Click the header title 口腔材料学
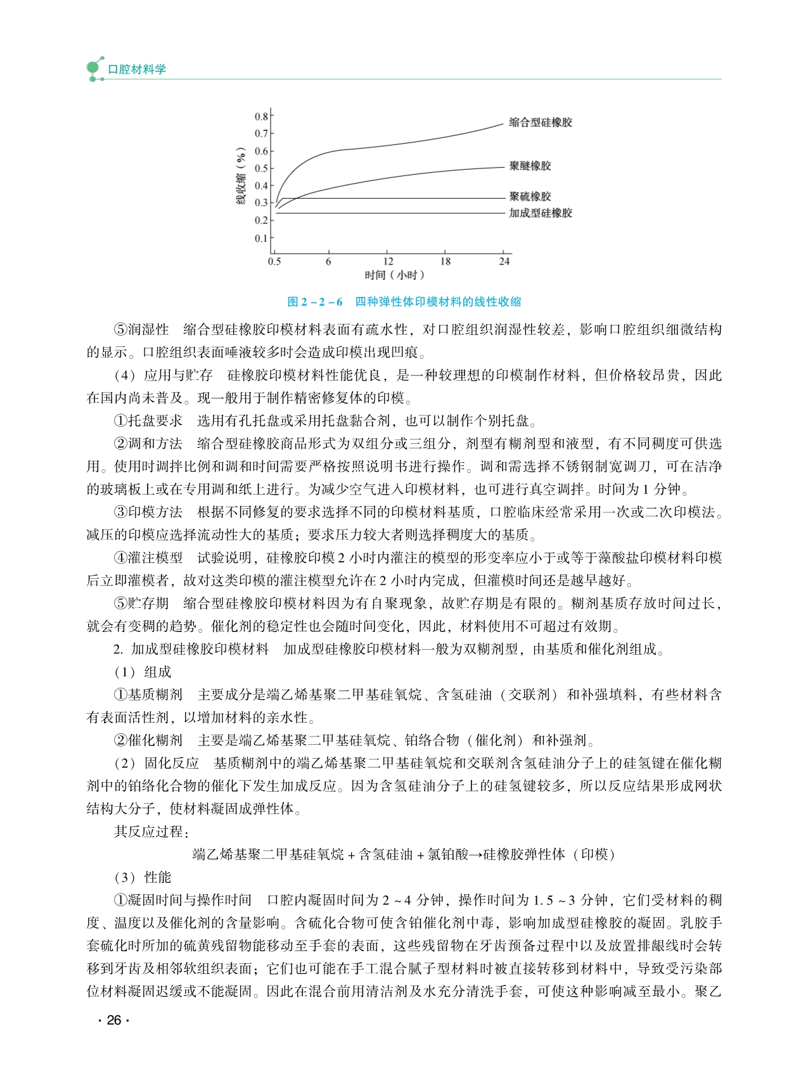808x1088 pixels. tap(137, 69)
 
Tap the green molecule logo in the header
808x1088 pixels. tap(94, 68)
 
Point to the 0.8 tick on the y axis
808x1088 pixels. tap(261, 117)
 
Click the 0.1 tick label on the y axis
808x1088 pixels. tap(261, 238)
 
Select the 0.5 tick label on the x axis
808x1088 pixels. tap(274, 261)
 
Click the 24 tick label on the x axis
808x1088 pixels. tap(504, 261)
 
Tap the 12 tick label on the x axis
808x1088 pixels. tap(388, 261)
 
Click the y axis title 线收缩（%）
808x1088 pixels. tap(241, 177)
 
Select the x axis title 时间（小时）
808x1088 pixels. tap(394, 275)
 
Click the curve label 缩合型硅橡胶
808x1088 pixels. tap(541, 122)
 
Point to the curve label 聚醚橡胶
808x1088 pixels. tap(530, 166)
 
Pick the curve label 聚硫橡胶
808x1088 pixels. tap(530, 196)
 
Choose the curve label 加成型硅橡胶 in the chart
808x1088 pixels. tap(541, 213)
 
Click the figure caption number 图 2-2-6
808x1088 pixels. tap(314, 302)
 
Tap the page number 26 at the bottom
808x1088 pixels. tap(114, 1020)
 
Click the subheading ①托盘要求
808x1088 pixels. tap(148, 421)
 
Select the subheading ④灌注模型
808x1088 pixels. tap(148, 558)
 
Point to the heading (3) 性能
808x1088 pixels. tap(143, 877)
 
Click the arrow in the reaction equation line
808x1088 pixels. tap(475, 854)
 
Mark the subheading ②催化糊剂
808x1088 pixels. tap(148, 740)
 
